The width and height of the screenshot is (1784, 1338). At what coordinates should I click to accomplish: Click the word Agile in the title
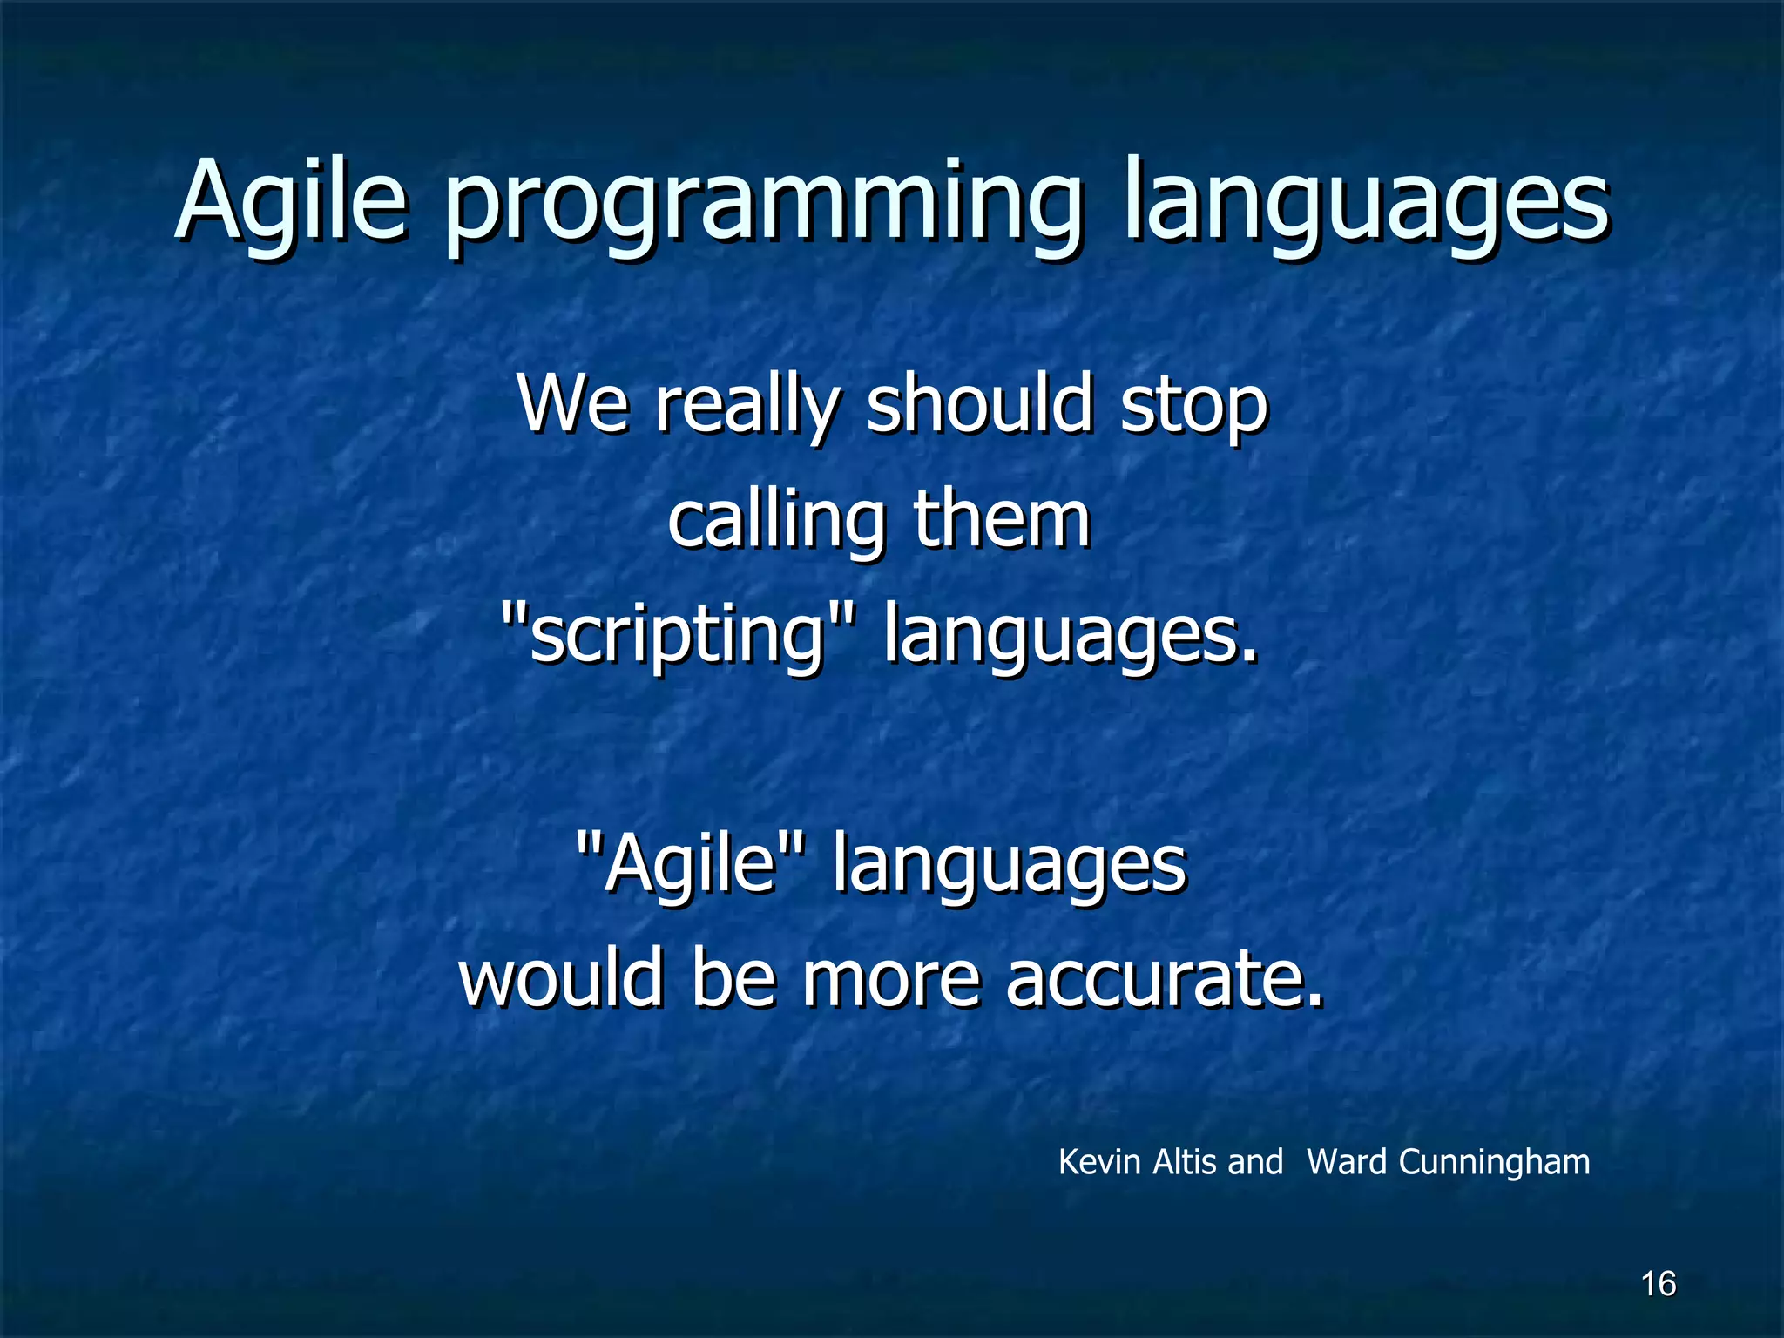pyautogui.click(x=291, y=202)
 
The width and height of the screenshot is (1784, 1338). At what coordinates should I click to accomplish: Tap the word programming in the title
pyautogui.click(x=764, y=207)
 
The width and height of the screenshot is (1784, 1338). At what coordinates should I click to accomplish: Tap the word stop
pyautogui.click(x=1194, y=407)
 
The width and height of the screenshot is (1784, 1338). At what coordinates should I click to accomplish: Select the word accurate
pyautogui.click(x=1164, y=979)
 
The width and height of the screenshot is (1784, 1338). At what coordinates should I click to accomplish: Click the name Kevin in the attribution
pyautogui.click(x=1099, y=1162)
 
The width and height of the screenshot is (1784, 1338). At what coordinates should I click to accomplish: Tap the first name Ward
pyautogui.click(x=1347, y=1162)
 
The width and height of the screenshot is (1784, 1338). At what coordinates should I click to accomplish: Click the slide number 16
pyautogui.click(x=1659, y=1284)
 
